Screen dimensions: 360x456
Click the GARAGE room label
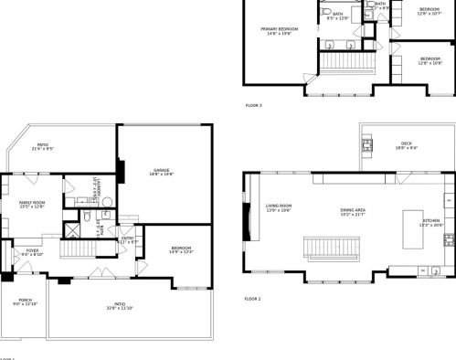pyautogui.click(x=162, y=170)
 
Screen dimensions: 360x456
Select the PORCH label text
pyautogui.click(x=25, y=299)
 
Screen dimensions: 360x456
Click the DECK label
pyautogui.click(x=406, y=143)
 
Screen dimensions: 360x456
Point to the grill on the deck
pyautogui.click(x=366, y=143)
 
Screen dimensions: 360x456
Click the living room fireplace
pyautogui.click(x=245, y=221)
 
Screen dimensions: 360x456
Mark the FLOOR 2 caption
pyautogui.click(x=253, y=299)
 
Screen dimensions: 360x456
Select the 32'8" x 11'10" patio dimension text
pyautogui.click(x=119, y=308)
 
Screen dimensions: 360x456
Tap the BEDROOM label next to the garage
pyautogui.click(x=180, y=249)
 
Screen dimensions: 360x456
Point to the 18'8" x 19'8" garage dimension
pyautogui.click(x=162, y=175)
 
